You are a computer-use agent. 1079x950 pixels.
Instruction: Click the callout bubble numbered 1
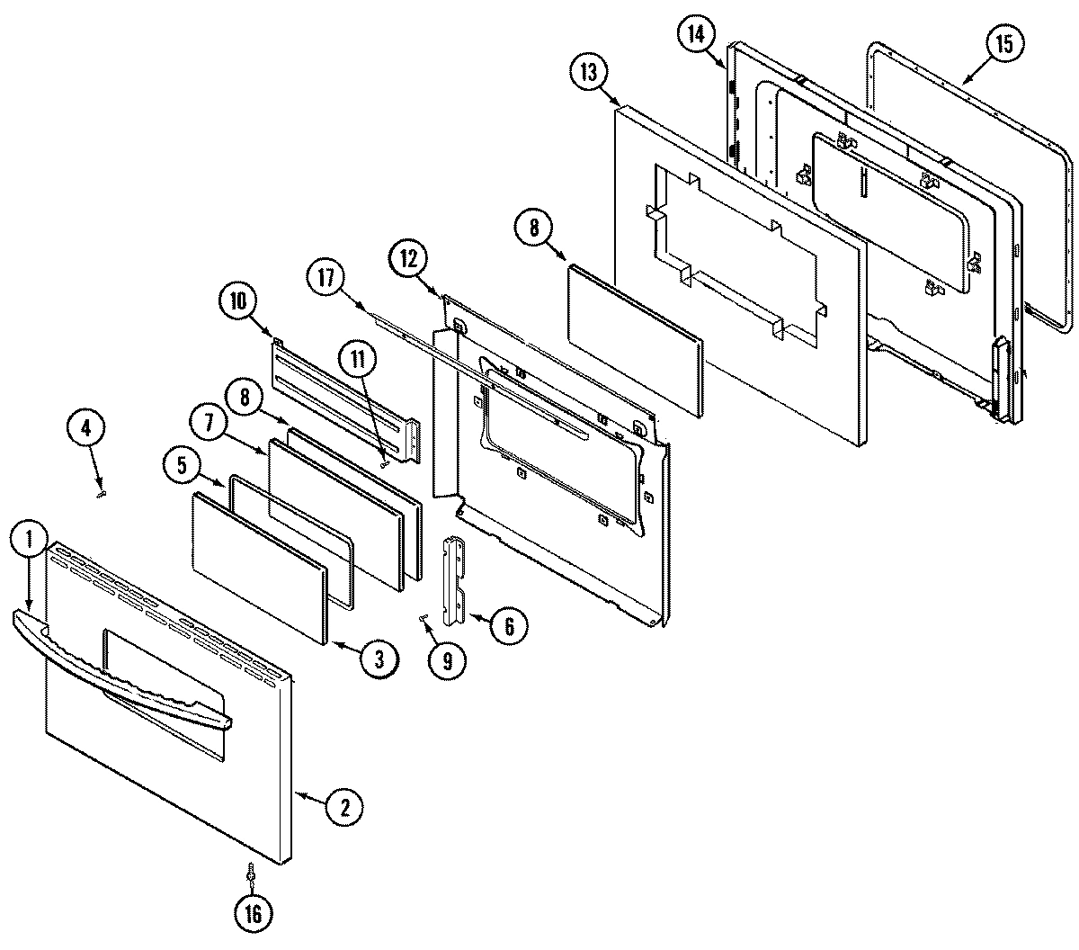(29, 540)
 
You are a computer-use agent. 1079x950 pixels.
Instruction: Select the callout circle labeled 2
(343, 807)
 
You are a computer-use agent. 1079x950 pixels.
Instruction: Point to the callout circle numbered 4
(86, 429)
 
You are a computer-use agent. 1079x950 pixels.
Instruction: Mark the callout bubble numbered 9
(447, 661)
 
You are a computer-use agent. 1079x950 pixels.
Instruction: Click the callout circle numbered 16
(253, 913)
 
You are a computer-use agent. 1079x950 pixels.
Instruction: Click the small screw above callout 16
(251, 873)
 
